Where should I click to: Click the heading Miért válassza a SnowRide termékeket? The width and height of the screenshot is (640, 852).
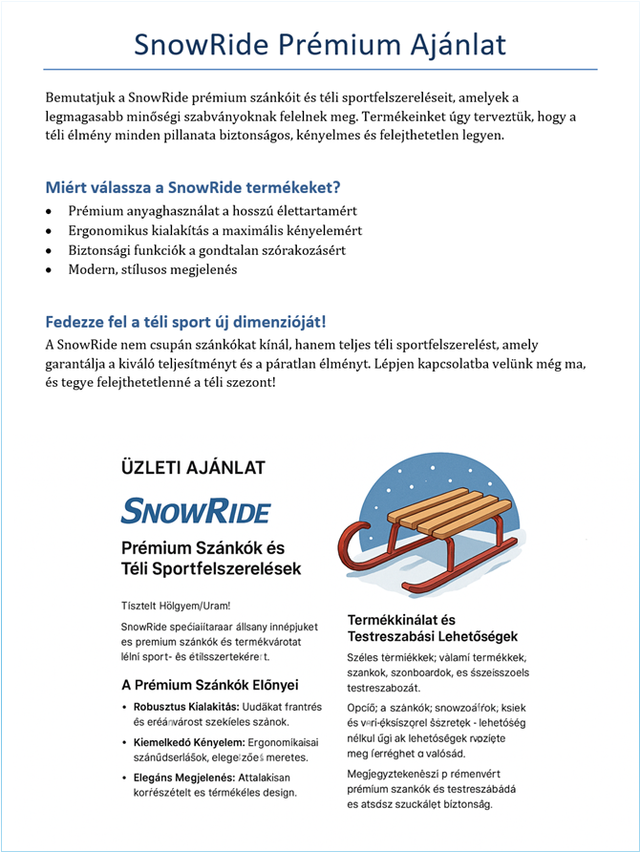pyautogui.click(x=193, y=186)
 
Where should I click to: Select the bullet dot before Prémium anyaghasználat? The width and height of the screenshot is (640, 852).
pyautogui.click(x=50, y=211)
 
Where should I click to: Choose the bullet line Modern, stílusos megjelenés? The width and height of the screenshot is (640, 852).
pyautogui.click(x=152, y=269)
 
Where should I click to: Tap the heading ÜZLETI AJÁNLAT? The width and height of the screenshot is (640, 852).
pyautogui.click(x=193, y=467)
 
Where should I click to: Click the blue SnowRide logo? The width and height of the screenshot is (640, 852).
pyautogui.click(x=196, y=510)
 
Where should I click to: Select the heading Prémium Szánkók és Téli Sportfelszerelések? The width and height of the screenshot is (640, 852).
pyautogui.click(x=210, y=559)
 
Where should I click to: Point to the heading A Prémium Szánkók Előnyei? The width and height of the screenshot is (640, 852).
pyautogui.click(x=210, y=685)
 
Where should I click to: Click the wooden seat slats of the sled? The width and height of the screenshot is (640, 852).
pyautogui.click(x=450, y=511)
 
